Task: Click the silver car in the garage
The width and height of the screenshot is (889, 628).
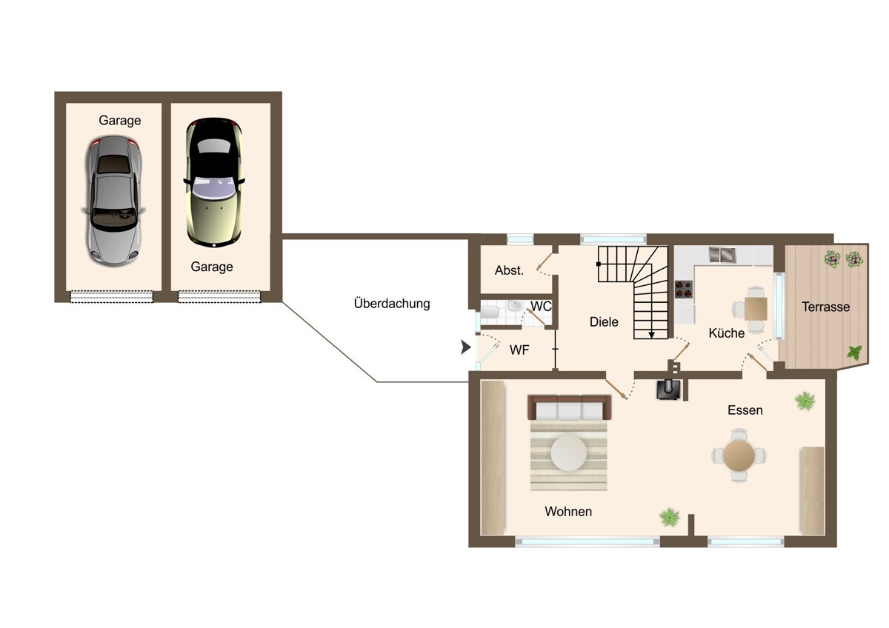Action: [114, 201]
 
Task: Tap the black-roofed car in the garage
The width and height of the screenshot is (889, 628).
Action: [214, 182]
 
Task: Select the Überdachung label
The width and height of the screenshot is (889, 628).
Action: [392, 304]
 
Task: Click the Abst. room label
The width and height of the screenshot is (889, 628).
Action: [509, 270]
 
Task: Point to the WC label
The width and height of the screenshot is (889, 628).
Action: [541, 307]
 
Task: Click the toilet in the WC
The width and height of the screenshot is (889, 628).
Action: [490, 312]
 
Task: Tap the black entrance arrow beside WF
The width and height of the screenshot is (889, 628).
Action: [465, 347]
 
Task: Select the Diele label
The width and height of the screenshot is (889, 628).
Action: [604, 321]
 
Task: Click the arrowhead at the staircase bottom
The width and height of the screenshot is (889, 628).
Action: [651, 335]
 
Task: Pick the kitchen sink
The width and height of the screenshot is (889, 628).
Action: [722, 255]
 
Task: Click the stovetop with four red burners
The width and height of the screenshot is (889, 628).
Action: [684, 289]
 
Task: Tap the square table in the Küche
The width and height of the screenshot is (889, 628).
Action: [756, 309]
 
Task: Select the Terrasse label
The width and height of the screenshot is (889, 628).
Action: [825, 307]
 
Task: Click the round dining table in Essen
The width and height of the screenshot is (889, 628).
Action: [739, 455]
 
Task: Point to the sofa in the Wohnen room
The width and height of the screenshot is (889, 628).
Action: [569, 407]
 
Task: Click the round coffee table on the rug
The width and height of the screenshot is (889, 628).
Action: [568, 453]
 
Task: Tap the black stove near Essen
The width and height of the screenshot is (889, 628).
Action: [669, 390]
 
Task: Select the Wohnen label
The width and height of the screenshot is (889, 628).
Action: [568, 512]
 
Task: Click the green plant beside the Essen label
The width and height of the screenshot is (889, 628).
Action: [805, 401]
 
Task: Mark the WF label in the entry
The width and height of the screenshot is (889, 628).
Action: [519, 350]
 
